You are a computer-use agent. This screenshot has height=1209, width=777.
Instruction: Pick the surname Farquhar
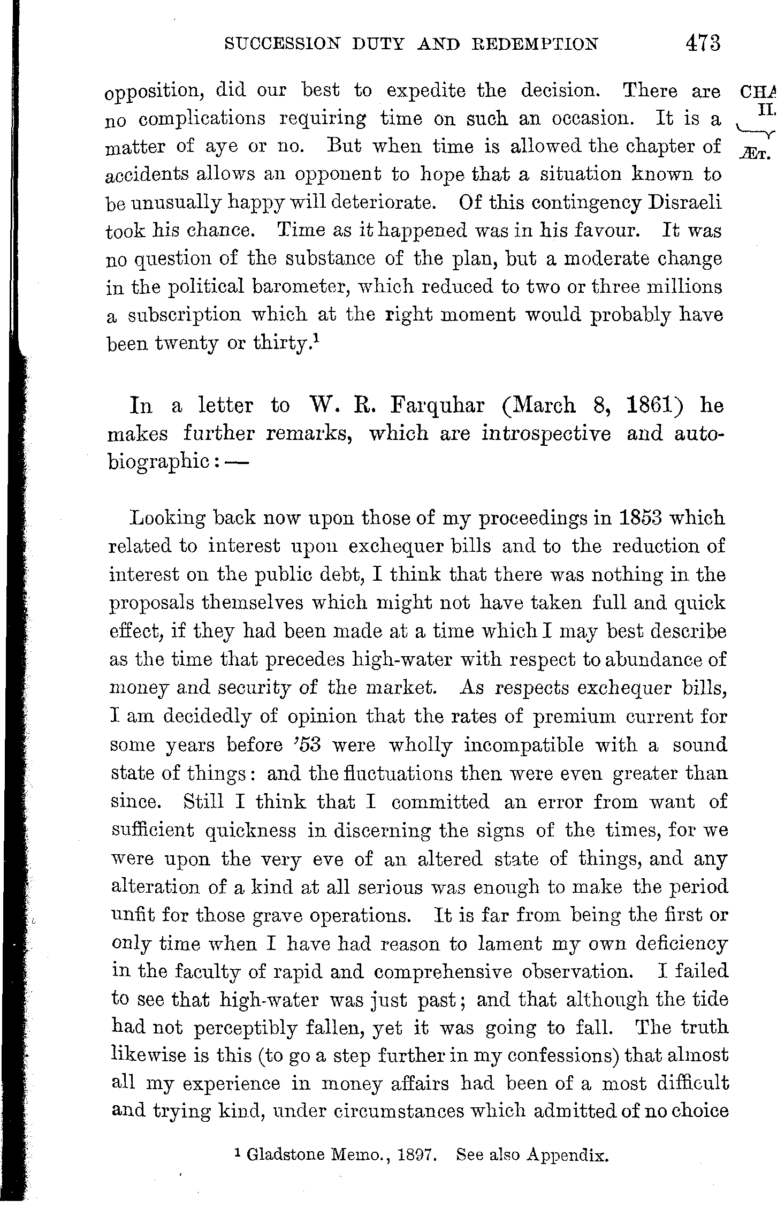438,406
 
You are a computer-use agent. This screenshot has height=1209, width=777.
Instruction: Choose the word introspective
546,434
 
